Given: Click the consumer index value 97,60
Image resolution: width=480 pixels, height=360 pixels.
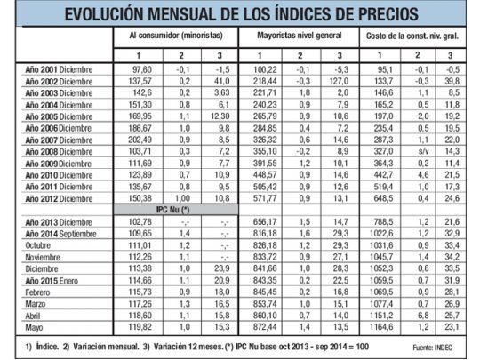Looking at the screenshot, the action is click(x=142, y=68).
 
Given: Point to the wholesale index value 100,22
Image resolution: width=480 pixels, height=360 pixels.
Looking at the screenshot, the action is click(x=266, y=68).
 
